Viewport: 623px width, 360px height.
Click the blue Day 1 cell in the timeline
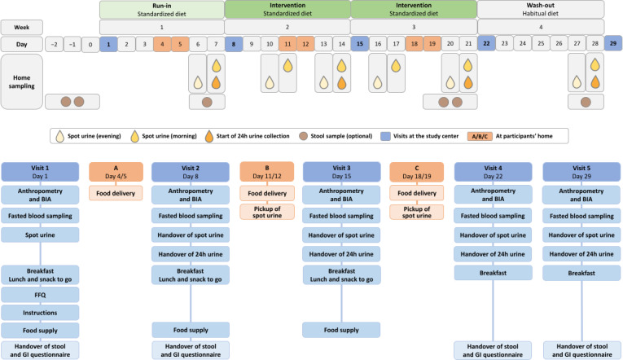tap(108, 44)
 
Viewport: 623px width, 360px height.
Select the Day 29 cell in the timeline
tap(613, 43)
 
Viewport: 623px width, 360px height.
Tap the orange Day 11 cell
tap(287, 44)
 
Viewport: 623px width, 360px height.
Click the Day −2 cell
tap(54, 45)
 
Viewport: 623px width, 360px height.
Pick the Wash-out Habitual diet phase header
tap(541, 9)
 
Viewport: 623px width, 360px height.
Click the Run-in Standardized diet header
tap(162, 10)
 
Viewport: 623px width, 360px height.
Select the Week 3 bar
tap(414, 27)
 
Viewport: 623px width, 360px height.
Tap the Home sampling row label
tap(21, 81)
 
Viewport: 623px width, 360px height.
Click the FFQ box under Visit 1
tap(40, 295)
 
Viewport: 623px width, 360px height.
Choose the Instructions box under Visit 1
tap(40, 313)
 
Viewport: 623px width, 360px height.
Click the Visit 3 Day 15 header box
tap(341, 172)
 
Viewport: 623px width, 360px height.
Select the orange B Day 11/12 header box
tap(267, 172)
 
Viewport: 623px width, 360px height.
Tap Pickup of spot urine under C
tap(417, 213)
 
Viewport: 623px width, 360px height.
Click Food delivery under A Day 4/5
tap(116, 193)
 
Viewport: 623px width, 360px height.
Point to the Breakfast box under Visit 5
tap(581, 273)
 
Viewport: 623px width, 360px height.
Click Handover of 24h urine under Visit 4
tap(493, 254)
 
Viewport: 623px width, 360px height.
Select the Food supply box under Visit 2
tap(191, 330)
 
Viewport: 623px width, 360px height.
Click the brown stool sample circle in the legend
tap(304, 136)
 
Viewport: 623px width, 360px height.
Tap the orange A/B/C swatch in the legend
tap(480, 136)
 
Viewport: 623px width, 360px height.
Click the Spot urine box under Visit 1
tap(40, 235)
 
